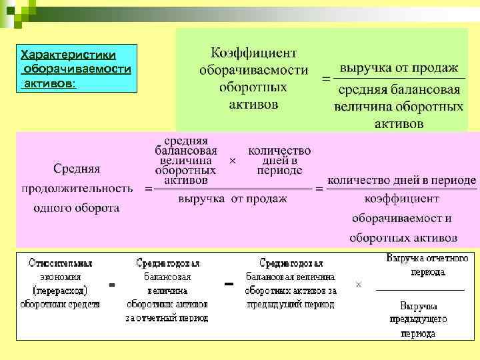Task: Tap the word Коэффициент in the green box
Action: pos(253,53)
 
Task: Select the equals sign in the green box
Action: pos(326,79)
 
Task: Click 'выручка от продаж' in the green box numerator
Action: pos(399,68)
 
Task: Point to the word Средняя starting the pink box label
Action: pos(77,169)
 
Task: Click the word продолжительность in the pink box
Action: pos(77,189)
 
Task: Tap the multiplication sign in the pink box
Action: pos(232,161)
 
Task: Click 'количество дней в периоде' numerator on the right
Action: pos(402,180)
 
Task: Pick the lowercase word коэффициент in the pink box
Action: pos(402,199)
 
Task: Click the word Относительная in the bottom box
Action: pos(61,263)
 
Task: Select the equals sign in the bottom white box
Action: pos(111,285)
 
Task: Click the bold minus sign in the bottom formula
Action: pos(229,285)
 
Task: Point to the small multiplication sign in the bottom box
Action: pos(359,285)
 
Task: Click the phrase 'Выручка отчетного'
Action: pos(427,258)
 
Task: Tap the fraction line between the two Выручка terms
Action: pos(420,290)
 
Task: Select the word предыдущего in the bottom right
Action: pos(419,319)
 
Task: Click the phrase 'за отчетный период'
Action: pos(167,318)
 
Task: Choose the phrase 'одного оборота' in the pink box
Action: pos(77,209)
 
